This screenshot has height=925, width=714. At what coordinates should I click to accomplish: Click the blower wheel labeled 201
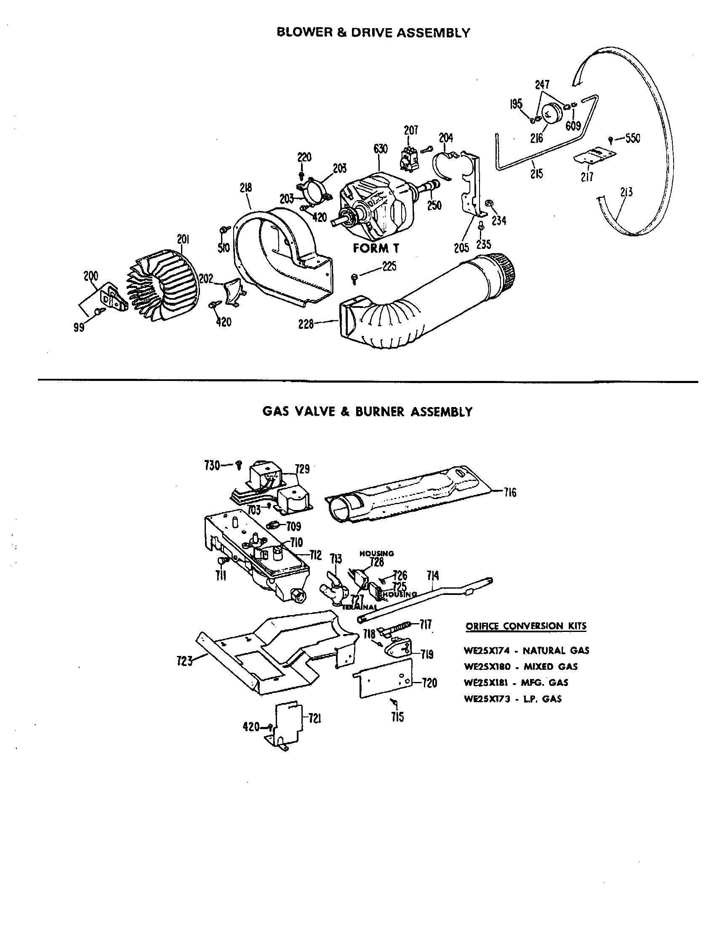click(163, 286)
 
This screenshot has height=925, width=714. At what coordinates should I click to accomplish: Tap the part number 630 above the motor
click(380, 149)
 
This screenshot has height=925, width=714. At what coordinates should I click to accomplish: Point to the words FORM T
click(376, 248)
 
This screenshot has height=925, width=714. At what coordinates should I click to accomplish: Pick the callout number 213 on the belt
click(626, 192)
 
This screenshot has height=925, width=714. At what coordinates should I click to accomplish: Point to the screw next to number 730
click(239, 465)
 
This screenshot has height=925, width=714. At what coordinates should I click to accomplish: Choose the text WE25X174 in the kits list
click(487, 650)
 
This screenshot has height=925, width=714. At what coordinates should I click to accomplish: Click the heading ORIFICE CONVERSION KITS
click(526, 626)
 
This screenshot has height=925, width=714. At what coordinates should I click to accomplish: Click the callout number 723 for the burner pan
click(184, 661)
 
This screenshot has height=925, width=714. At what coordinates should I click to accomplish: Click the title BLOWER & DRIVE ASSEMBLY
click(373, 33)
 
